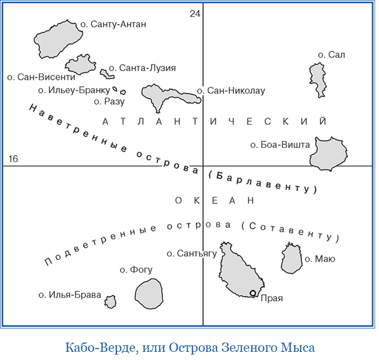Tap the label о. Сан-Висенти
[41, 77]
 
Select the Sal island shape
[317, 79]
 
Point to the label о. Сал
[331, 55]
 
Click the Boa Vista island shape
[328, 154]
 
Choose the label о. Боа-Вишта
[279, 145]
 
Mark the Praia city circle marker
[253, 294]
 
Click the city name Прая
[272, 298]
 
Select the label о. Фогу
[136, 270]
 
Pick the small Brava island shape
[110, 301]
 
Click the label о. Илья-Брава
[70, 295]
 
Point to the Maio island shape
[291, 258]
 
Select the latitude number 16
[13, 159]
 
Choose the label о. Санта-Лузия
[142, 69]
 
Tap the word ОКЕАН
[215, 201]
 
